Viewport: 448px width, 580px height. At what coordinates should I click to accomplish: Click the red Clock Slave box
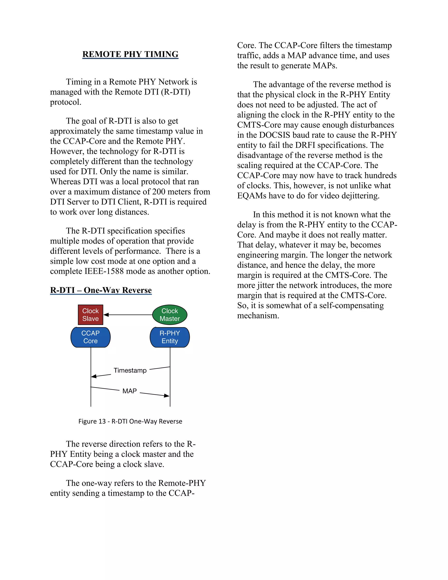91,315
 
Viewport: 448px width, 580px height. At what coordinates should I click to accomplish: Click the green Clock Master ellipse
170,315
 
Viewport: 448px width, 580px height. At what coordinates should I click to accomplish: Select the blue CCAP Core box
91,337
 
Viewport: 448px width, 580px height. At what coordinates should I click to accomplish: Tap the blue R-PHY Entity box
170,337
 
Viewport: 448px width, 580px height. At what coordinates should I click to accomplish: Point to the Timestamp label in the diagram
130,371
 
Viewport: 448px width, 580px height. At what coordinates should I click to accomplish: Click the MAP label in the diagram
129,391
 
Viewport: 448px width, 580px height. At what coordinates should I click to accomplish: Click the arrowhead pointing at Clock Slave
106,315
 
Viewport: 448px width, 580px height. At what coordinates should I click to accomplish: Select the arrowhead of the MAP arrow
167,396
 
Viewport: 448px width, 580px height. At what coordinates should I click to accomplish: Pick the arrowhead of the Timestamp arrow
94,376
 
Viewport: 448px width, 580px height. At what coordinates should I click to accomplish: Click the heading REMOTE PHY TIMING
130,54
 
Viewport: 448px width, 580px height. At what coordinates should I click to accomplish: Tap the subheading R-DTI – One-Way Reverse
101,290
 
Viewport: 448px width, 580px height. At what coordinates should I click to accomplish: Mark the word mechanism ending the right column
258,316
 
